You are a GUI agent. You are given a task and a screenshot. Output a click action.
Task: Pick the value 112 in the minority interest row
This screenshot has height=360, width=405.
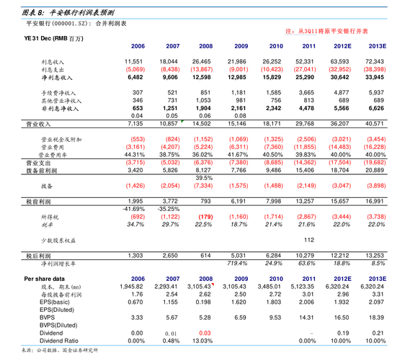pos(308,239)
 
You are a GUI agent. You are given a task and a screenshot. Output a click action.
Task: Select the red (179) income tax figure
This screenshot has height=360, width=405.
pos(204,216)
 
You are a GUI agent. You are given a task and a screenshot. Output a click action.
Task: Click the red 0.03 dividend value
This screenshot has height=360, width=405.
pos(204,333)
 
